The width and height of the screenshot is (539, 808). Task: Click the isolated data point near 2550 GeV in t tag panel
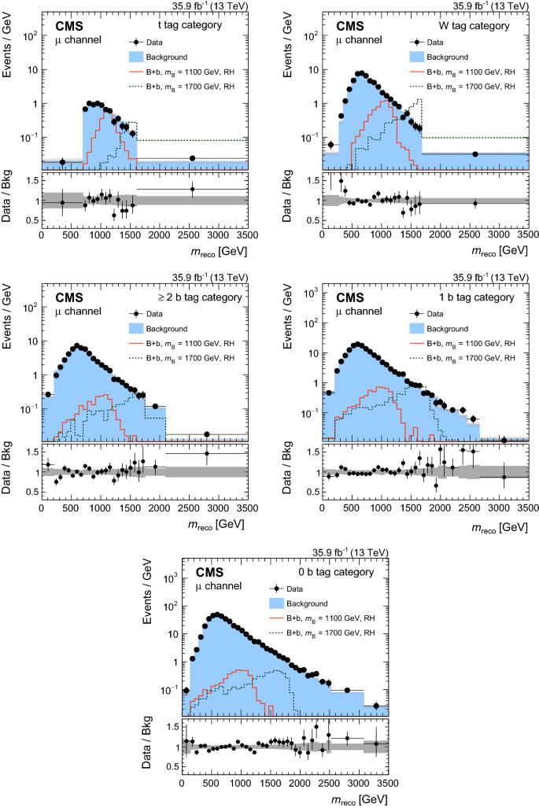tap(192, 158)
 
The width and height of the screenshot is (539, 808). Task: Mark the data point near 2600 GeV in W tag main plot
tap(475, 154)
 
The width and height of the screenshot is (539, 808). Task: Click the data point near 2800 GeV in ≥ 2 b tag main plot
tap(207, 434)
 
